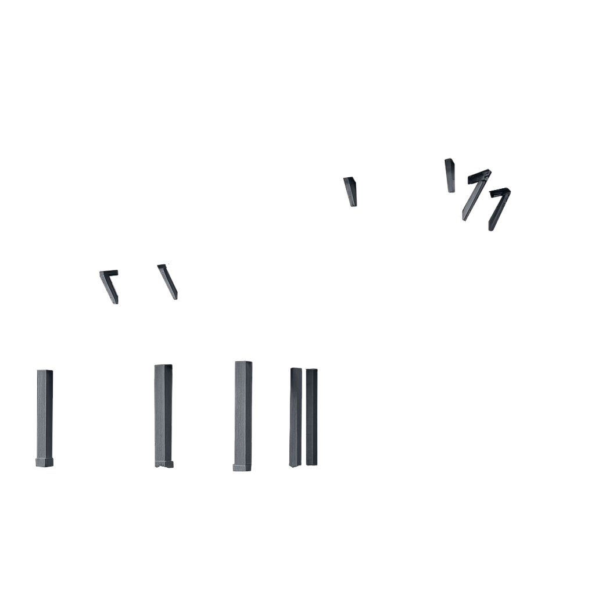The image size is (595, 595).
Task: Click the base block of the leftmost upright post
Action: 45,462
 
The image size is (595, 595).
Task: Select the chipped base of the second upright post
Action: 164,463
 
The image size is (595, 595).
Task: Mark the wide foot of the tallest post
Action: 242,467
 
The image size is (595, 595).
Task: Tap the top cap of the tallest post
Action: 243,363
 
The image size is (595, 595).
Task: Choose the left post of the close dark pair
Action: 296,415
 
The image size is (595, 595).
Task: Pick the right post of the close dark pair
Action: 311,415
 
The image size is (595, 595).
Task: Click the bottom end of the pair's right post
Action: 311,463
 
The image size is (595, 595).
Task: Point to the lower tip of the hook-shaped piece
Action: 116,302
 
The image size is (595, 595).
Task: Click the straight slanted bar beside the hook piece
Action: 168,281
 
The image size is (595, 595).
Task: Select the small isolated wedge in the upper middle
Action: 350,191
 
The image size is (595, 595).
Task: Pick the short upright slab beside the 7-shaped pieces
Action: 450,175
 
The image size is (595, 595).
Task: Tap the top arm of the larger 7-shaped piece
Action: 479,175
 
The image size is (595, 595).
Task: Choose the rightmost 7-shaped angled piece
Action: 499,208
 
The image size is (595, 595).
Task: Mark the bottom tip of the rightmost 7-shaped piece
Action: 491,228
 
